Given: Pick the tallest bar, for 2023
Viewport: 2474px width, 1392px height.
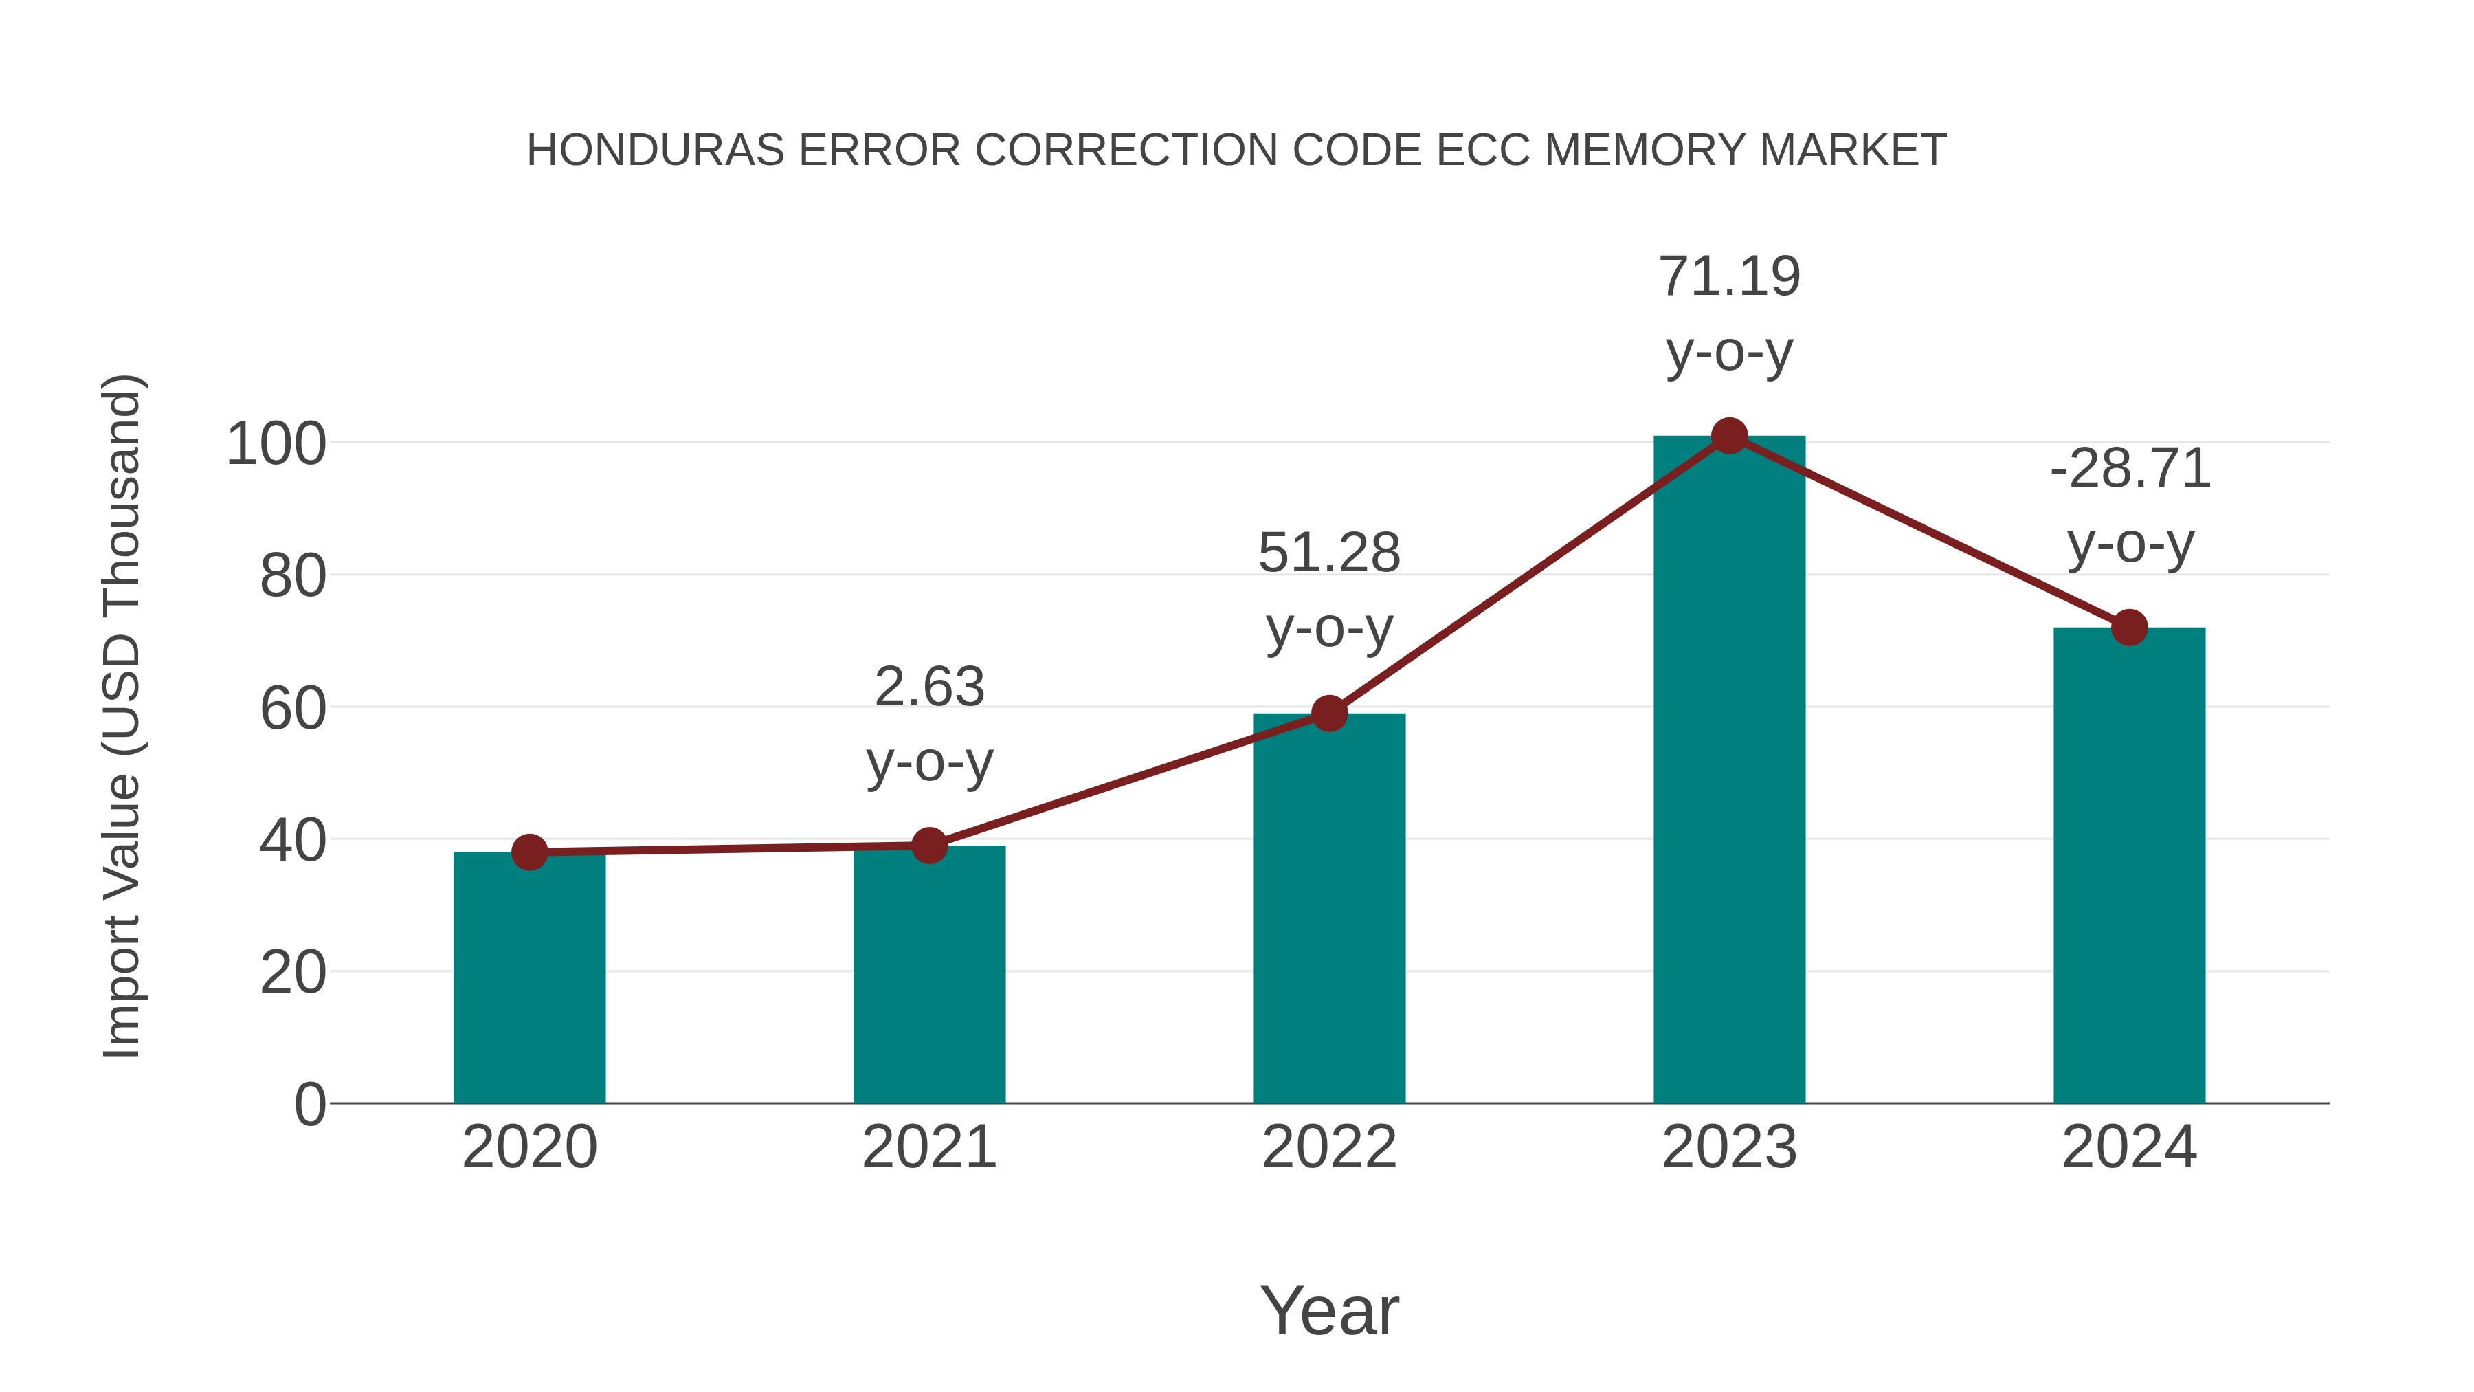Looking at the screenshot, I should click(x=1729, y=769).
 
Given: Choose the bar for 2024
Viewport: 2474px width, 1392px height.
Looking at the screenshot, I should click(x=2129, y=865).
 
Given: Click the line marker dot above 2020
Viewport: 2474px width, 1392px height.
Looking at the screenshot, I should click(x=529, y=852).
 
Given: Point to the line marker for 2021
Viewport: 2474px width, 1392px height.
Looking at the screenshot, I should click(x=928, y=846).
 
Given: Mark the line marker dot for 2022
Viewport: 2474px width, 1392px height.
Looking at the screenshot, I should click(x=1329, y=714).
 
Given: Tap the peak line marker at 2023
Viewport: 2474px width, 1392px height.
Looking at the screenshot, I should click(x=1729, y=436).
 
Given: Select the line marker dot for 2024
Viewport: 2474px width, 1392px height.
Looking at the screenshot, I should click(x=2129, y=628).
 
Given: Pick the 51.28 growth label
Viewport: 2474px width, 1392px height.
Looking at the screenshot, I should click(x=1329, y=553).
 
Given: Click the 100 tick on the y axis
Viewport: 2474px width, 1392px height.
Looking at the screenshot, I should click(x=276, y=445).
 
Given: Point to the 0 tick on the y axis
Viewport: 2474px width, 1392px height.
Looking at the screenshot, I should click(x=309, y=1105).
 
